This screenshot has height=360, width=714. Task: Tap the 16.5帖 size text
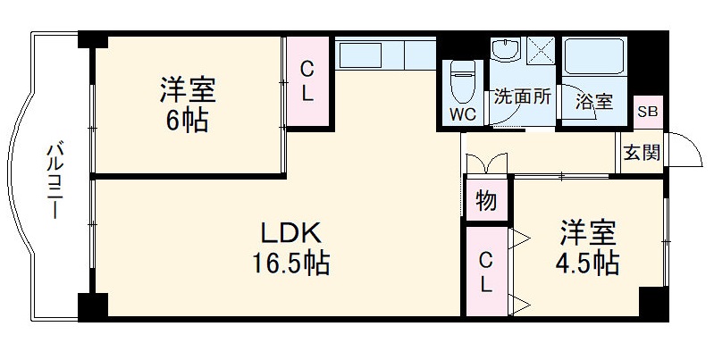(289, 264)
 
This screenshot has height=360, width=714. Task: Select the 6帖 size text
(187, 121)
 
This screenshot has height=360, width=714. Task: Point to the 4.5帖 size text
(587, 264)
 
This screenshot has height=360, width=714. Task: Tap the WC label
(463, 114)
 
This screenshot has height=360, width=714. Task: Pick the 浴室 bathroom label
(594, 102)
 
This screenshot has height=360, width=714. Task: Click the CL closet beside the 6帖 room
(307, 81)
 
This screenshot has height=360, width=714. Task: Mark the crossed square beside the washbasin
(540, 50)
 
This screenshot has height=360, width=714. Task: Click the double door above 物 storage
(486, 164)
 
